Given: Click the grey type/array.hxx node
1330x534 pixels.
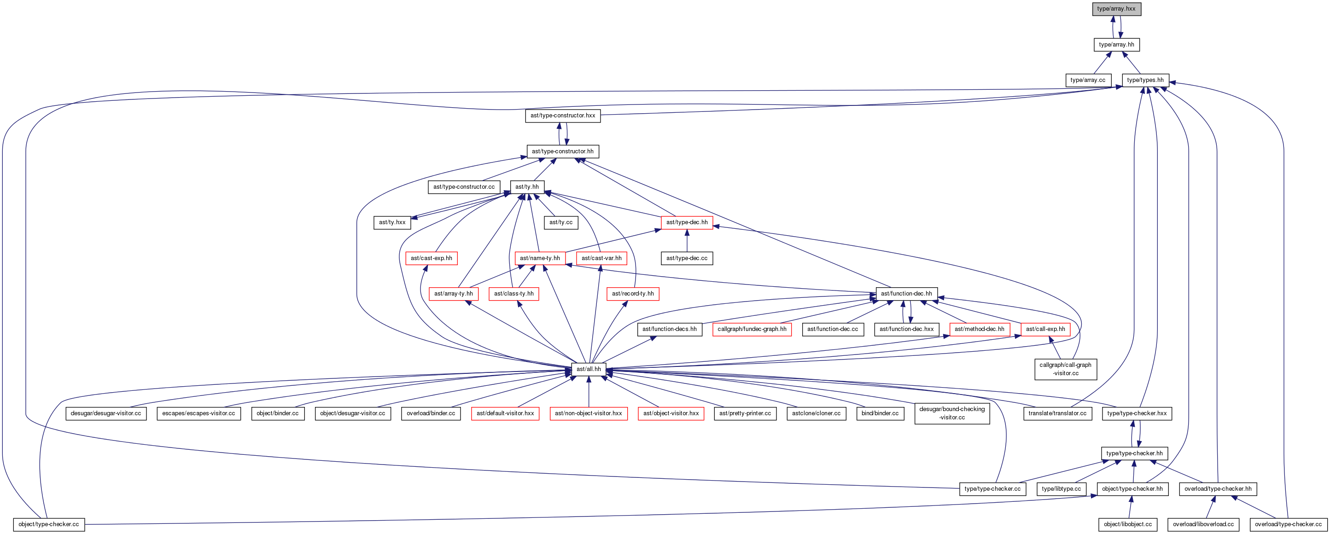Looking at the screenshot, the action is pyautogui.click(x=1116, y=9).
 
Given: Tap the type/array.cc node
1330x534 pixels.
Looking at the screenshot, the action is pyautogui.click(x=1088, y=81).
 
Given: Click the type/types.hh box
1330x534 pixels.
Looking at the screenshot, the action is pyautogui.click(x=1145, y=81).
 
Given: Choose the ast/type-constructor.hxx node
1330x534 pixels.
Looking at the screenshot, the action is pyautogui.click(x=563, y=116).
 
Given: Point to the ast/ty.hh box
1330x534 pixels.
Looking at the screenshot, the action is pyautogui.click(x=527, y=187).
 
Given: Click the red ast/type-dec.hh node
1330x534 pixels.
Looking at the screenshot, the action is pyautogui.click(x=687, y=223).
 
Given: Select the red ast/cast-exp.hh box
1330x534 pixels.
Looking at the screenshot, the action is pyautogui.click(x=432, y=258).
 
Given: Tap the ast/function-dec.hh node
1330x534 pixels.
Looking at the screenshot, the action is pyautogui.click(x=907, y=294).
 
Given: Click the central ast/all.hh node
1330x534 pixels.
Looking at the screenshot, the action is pyautogui.click(x=589, y=369).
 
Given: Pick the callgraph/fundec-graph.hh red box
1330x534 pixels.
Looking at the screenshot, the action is pyautogui.click(x=752, y=329).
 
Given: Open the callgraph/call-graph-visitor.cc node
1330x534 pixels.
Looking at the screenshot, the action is pyautogui.click(x=1066, y=369).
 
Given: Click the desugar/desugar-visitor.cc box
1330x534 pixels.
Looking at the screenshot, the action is pyautogui.click(x=106, y=414).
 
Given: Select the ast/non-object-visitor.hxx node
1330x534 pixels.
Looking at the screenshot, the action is pyautogui.click(x=589, y=414).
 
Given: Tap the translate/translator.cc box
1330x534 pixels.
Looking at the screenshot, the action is pyautogui.click(x=1057, y=414).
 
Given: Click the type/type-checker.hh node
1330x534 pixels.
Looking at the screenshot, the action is pyautogui.click(x=1134, y=454).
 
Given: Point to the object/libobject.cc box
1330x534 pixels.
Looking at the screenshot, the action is pyautogui.click(x=1128, y=525).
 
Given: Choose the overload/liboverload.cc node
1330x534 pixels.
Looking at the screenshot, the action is pyautogui.click(x=1203, y=525).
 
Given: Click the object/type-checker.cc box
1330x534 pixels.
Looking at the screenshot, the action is pyautogui.click(x=49, y=525).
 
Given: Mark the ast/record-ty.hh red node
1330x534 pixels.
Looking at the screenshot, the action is pyautogui.click(x=633, y=294).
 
